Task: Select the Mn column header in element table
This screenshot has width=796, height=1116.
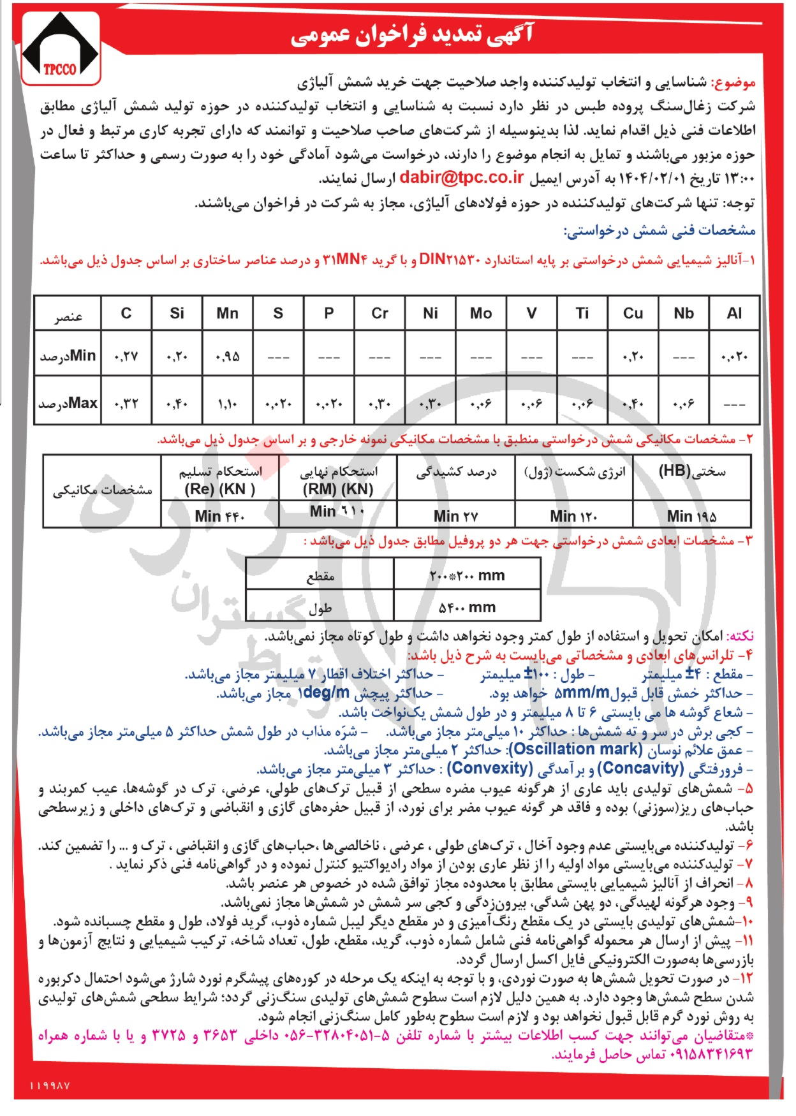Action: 227,313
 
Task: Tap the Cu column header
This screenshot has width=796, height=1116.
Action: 633,313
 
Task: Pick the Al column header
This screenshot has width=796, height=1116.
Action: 734,313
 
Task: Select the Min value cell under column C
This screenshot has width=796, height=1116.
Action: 126,356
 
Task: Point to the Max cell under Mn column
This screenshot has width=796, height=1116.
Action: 227,404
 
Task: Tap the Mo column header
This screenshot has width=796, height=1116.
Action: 480,313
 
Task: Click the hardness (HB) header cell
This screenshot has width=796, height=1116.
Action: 692,472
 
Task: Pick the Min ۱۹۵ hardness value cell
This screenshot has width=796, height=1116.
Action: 692,515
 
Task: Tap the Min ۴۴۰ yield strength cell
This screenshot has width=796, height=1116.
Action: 219,515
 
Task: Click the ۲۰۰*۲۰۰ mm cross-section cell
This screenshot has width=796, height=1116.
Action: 467,576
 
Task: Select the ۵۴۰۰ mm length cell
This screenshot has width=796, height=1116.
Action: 467,607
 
